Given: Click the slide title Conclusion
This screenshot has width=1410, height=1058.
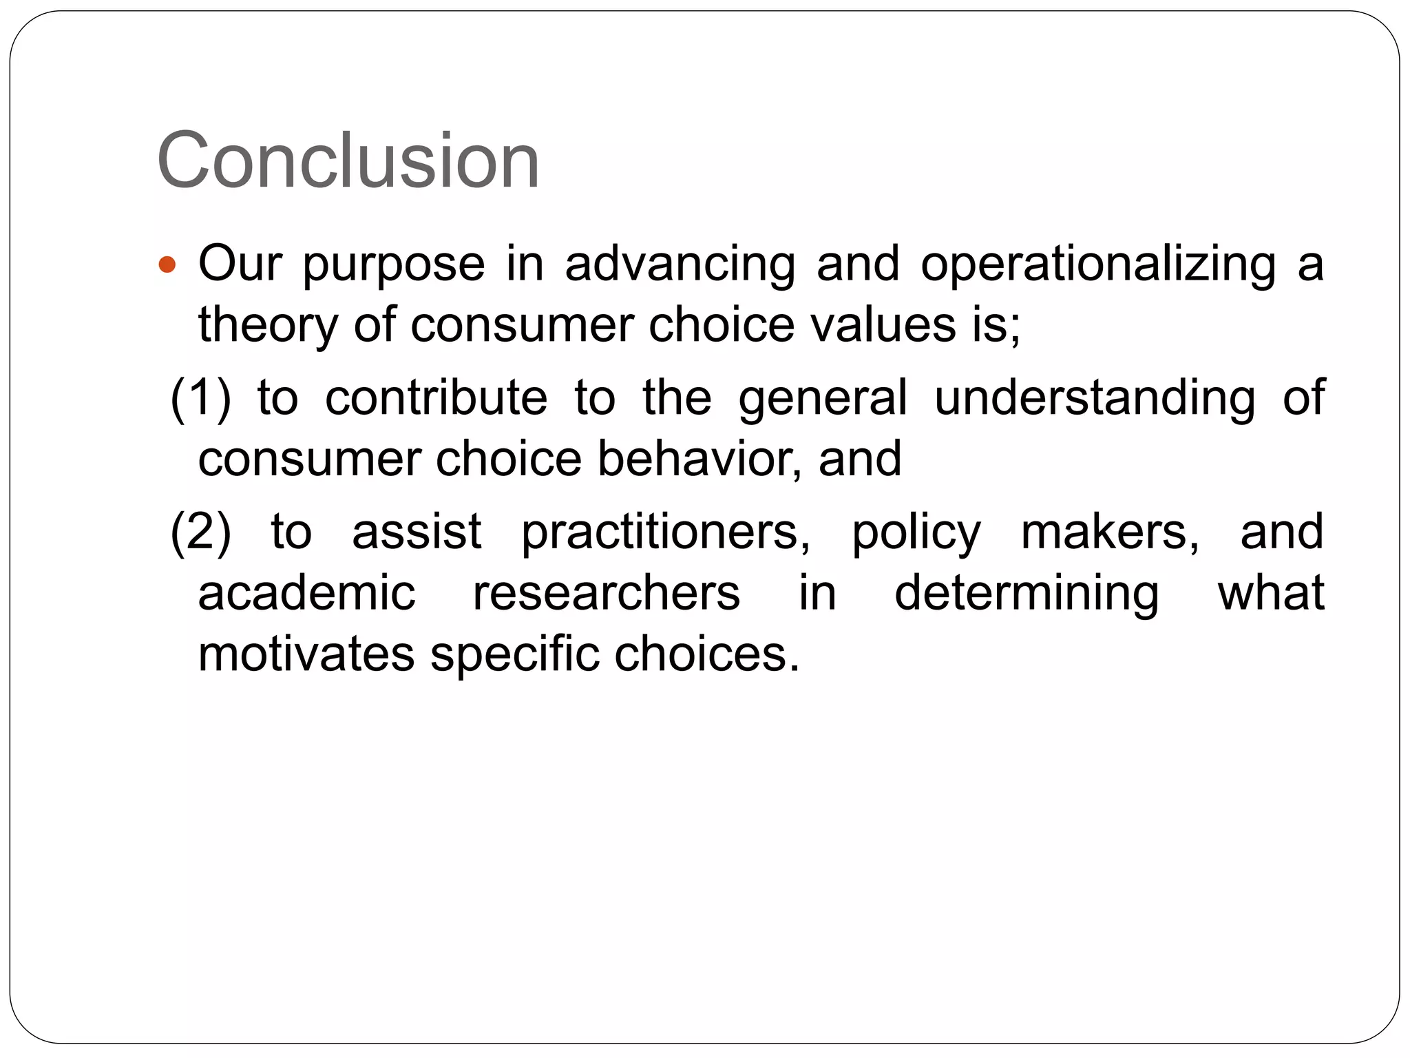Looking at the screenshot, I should click(348, 161).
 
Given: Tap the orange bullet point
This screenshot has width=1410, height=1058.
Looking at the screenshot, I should click(167, 264).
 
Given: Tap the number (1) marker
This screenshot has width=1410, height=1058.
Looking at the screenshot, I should click(200, 398).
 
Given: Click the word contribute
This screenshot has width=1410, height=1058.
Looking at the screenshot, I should click(436, 398).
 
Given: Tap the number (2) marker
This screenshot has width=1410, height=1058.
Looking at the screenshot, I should click(200, 532).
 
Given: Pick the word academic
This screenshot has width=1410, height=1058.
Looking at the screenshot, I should click(307, 592).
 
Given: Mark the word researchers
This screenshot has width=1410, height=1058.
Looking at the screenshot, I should click(606, 592).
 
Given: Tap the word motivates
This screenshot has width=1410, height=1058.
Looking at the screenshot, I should click(306, 653).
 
